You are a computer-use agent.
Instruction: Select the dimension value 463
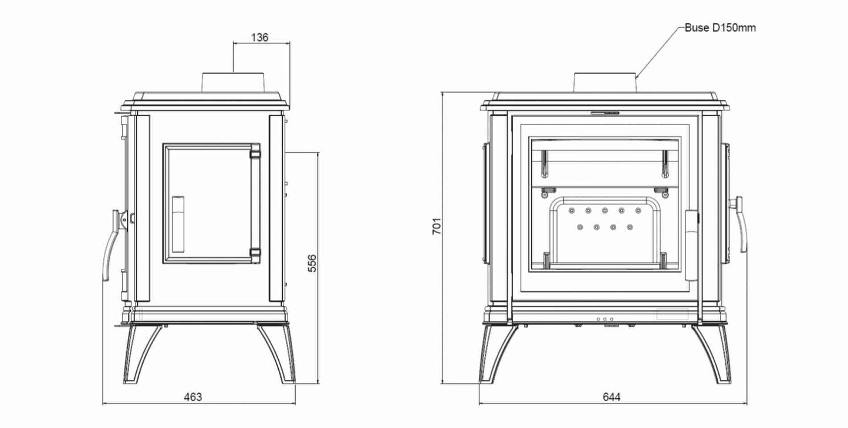192,397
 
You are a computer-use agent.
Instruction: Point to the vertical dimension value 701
437,225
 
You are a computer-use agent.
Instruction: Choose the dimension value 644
611,397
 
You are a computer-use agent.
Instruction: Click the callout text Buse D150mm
724,28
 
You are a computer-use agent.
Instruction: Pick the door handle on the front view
741,226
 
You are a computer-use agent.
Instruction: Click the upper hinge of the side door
255,154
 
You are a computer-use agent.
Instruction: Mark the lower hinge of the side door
255,252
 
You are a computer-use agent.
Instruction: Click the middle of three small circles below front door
604,319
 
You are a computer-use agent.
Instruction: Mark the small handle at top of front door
604,111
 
